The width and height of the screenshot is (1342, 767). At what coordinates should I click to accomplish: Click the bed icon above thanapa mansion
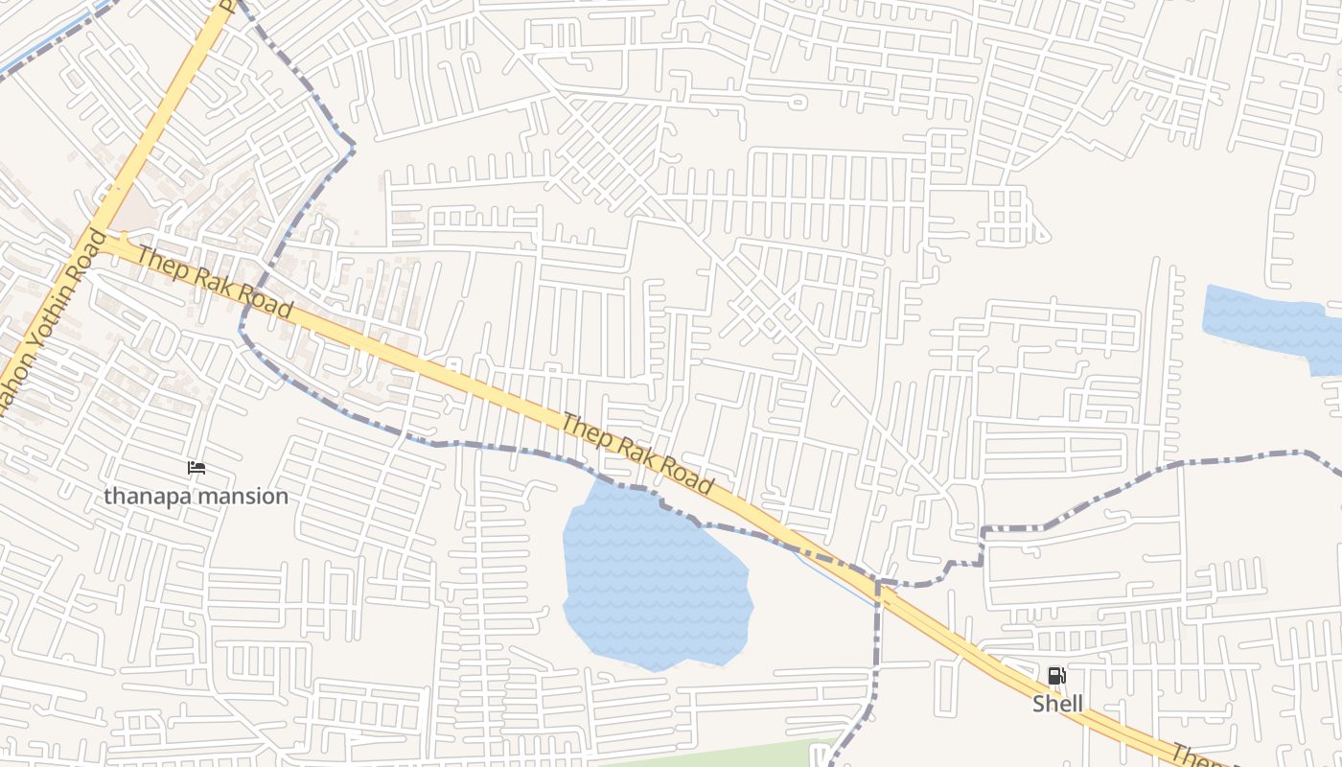point(197,468)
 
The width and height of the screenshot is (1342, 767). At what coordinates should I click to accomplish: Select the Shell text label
point(1057,704)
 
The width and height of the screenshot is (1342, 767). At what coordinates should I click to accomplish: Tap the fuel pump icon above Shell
point(1056,676)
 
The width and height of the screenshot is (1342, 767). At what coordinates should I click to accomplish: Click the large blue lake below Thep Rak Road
point(652,580)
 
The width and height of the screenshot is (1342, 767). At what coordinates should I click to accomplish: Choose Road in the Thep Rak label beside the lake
point(684,476)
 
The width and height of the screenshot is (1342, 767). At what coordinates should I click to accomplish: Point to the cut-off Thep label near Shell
point(1193,756)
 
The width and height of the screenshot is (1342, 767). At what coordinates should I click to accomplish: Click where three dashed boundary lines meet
point(877,581)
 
